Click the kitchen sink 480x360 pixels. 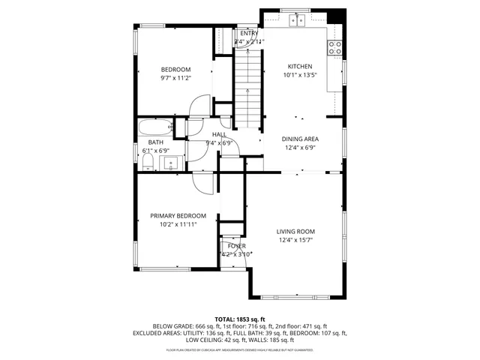299,19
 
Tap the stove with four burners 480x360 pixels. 335,48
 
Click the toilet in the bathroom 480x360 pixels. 148,161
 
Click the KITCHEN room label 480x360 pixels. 300,66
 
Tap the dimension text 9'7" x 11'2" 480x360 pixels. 176,78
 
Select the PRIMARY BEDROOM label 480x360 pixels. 178,215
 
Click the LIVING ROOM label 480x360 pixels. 295,231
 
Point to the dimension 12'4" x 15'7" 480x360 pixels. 295,240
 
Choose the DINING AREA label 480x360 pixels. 300,139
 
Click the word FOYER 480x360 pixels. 237,246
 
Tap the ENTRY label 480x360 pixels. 248,34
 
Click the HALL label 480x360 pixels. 219,134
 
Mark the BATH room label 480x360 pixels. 155,142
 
